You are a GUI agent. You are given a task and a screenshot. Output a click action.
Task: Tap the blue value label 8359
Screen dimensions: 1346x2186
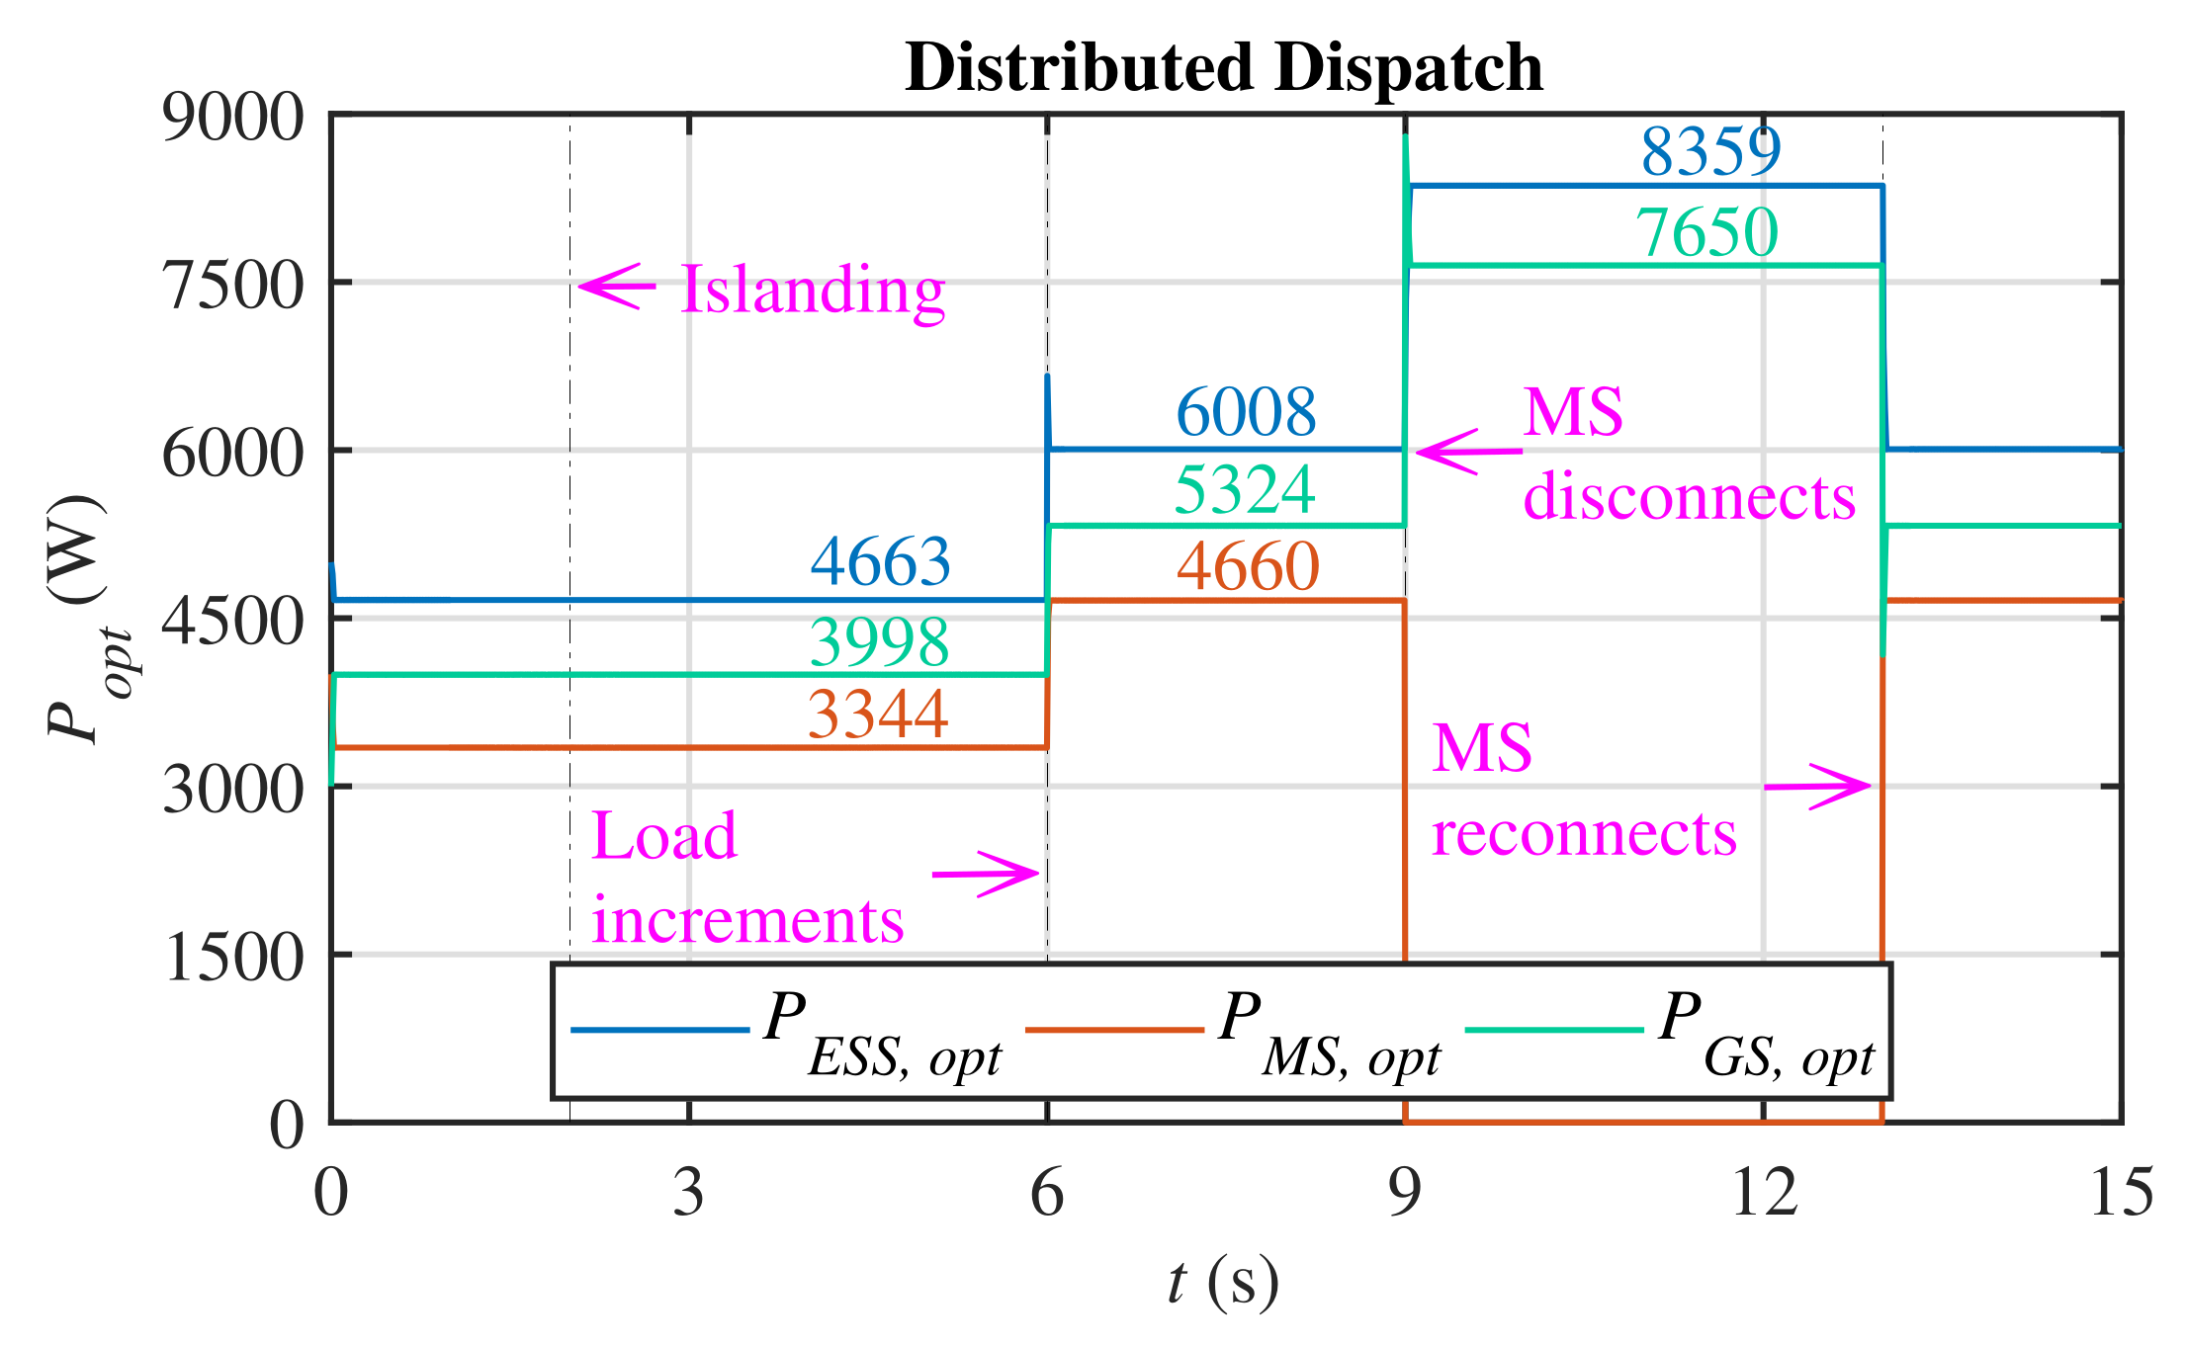click(1710, 152)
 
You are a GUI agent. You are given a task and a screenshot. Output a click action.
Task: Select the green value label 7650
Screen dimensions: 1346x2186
click(1706, 233)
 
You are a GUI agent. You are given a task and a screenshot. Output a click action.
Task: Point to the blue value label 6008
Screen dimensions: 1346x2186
click(1246, 412)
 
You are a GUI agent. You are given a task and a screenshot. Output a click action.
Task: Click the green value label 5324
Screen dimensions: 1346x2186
click(1244, 490)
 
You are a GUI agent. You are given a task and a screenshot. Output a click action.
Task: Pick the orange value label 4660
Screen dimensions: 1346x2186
click(1248, 567)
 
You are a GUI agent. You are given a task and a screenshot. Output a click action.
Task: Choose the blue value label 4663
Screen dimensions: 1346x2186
click(880, 561)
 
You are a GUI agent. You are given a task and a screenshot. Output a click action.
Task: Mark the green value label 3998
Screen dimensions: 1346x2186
click(879, 642)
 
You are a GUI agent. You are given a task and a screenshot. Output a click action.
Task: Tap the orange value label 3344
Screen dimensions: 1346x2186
click(878, 715)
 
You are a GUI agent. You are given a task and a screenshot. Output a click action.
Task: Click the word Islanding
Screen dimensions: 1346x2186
click(813, 292)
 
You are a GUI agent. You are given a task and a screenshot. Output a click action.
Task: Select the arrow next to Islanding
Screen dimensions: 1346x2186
click(616, 287)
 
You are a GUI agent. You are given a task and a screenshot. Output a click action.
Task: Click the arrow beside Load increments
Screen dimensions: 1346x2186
click(986, 874)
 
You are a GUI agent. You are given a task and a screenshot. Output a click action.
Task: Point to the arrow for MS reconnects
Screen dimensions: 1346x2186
click(1817, 787)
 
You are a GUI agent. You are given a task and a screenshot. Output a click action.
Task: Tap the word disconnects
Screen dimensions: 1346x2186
click(1689, 496)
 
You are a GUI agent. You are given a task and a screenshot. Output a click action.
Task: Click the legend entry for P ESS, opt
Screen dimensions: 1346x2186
click(787, 1034)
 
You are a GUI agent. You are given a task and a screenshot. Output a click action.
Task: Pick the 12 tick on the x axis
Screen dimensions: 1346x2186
click(1763, 1193)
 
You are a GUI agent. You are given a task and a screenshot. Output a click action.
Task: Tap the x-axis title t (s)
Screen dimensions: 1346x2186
click(1223, 1284)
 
